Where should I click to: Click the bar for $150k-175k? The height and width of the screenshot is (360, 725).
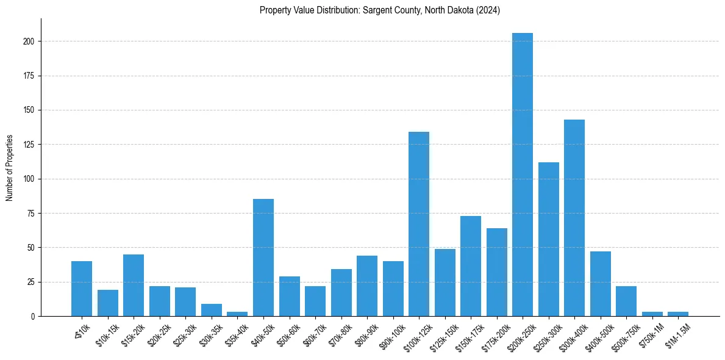471,266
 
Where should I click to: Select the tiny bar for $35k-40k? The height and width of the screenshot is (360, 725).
237,314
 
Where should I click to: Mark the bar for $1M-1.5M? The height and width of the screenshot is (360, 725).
678,314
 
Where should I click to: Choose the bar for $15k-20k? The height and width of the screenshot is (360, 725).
134,286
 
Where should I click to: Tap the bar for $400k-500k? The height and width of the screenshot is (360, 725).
601,284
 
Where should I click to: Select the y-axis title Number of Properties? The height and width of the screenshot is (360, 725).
10,168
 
